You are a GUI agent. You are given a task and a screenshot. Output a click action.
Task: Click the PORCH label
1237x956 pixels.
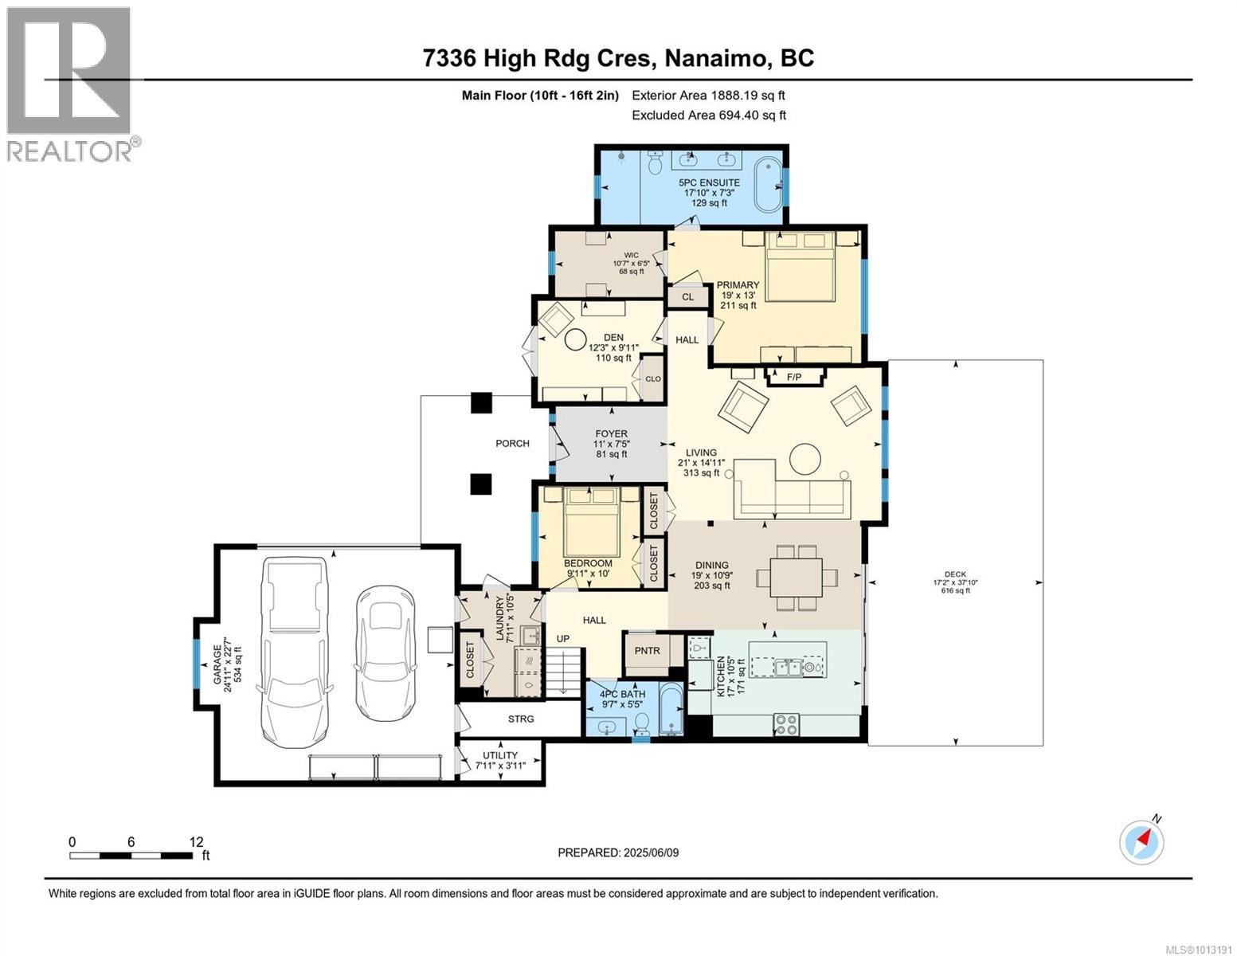point(511,443)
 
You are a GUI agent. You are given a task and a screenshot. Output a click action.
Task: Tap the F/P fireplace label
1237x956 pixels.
point(794,377)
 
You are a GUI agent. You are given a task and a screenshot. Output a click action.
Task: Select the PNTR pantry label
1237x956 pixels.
point(648,650)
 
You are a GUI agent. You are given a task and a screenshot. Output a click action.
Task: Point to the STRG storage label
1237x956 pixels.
point(521,719)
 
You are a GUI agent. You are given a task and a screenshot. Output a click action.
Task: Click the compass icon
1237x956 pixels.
point(1141,843)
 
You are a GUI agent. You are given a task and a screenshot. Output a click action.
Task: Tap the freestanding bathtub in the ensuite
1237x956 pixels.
point(769,184)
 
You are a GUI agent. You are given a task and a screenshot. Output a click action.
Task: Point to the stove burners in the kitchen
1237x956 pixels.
point(786,724)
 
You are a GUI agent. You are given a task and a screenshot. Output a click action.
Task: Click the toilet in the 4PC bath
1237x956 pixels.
point(641,723)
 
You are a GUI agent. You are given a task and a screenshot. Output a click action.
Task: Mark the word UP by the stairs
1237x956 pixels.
point(562,638)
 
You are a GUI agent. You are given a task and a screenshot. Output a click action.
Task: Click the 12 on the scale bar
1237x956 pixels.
point(197,841)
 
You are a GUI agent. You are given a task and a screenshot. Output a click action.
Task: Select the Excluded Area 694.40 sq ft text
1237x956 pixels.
point(709,115)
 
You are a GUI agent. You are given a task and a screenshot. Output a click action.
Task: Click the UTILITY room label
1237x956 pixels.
point(499,755)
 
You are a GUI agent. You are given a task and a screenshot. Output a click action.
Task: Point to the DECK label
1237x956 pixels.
point(955,574)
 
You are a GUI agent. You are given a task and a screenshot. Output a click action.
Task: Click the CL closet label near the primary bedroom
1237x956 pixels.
point(687,296)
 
